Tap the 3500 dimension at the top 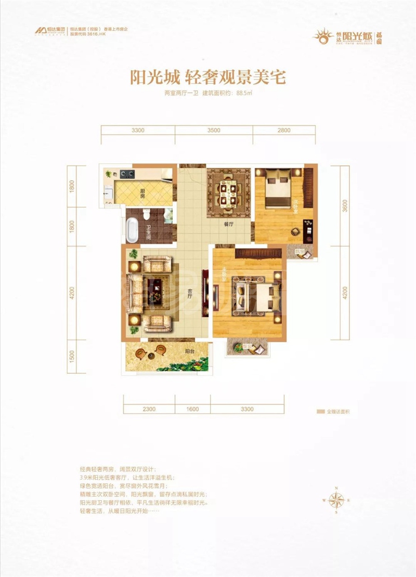213,131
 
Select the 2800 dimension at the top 283,131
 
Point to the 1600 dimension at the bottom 192,409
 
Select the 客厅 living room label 191,295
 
